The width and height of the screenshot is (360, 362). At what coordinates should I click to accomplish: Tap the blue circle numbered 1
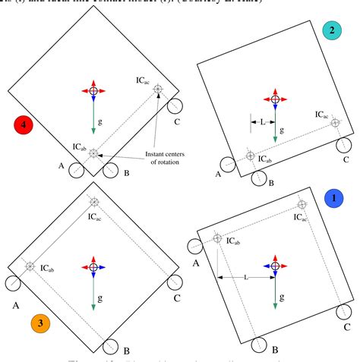[332, 199]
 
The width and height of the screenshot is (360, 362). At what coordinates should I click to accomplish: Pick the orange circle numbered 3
[41, 323]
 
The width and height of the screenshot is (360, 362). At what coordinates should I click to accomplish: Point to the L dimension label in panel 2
[263, 121]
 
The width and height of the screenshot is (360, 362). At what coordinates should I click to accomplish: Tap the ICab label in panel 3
[49, 269]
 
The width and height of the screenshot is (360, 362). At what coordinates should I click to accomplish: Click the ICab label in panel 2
[265, 159]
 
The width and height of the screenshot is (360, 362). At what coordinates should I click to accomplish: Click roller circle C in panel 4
[174, 105]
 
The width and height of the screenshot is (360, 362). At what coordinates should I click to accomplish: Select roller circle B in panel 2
[259, 179]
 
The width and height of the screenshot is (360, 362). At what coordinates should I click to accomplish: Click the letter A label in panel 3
[14, 306]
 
